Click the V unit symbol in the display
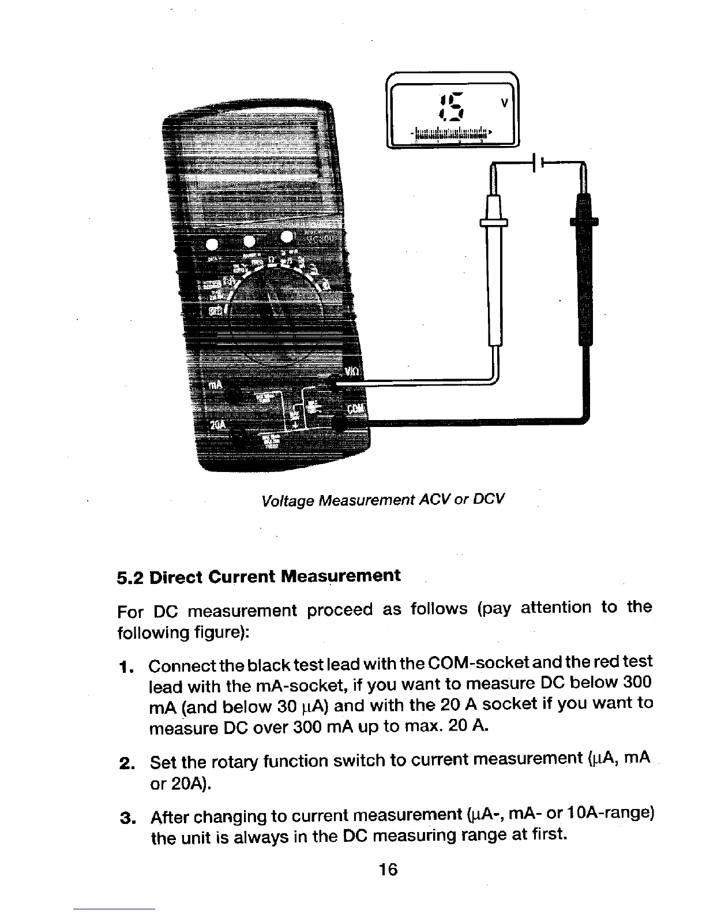click(504, 103)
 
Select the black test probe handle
click(583, 271)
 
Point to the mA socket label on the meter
click(215, 385)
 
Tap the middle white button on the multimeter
click(249, 241)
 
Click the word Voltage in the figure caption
click(287, 499)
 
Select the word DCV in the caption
click(488, 497)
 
